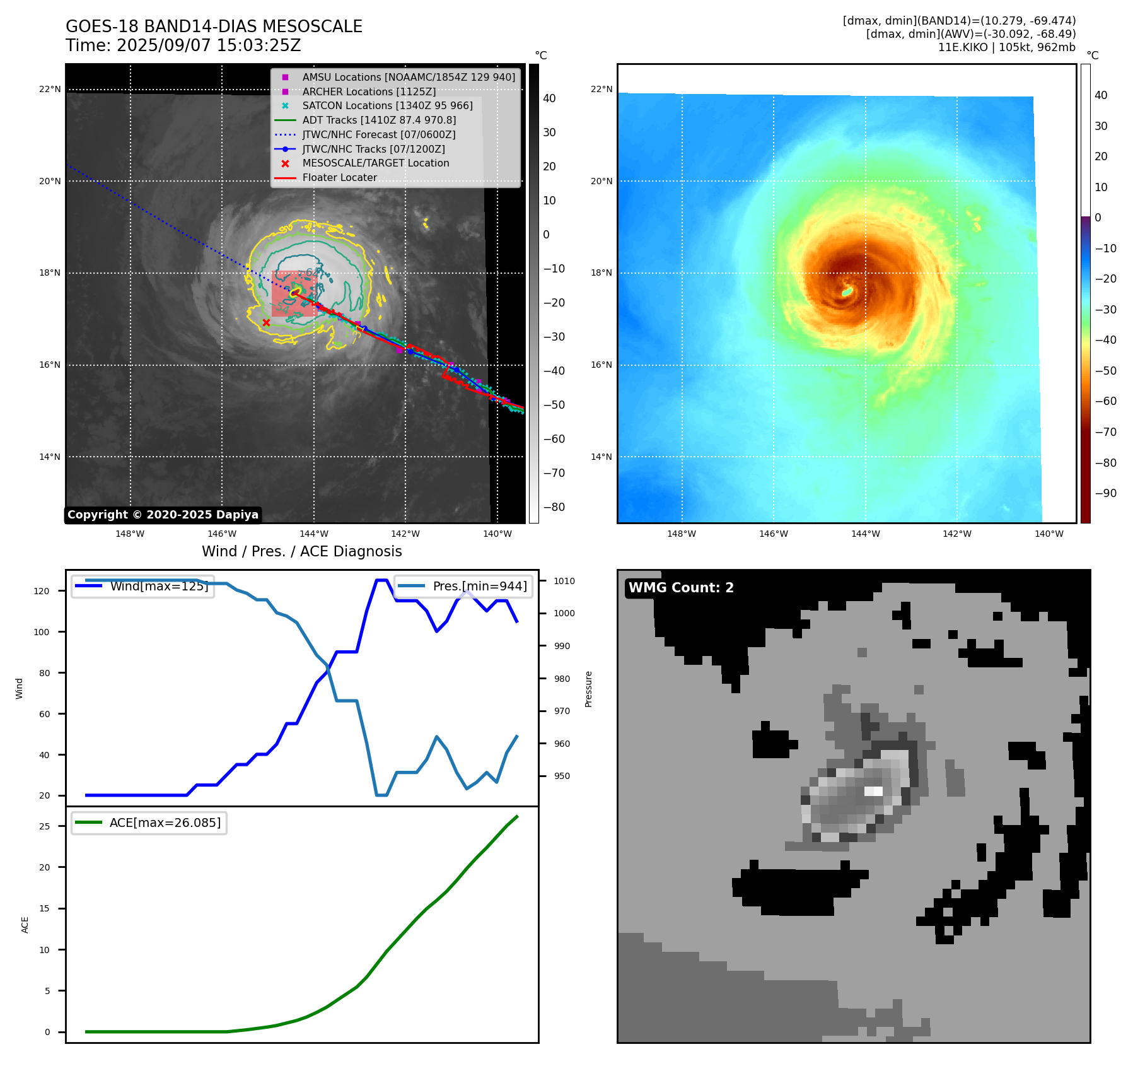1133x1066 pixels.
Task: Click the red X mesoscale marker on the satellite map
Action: click(266, 322)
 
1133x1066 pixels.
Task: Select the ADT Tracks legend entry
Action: click(378, 120)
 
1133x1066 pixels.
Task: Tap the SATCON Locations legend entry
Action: click(386, 105)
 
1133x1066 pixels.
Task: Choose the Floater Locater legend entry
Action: click(339, 177)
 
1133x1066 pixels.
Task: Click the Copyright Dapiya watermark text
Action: click(163, 515)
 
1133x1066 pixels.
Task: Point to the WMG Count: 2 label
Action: click(681, 588)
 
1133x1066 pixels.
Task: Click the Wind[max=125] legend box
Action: click(142, 586)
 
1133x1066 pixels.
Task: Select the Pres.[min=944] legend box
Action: click(463, 586)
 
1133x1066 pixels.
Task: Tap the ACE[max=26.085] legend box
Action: click(149, 823)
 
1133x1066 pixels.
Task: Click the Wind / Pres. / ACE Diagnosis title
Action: click(301, 551)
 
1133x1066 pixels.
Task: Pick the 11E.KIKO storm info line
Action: click(1006, 47)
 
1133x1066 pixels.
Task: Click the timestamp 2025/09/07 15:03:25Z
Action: click(209, 45)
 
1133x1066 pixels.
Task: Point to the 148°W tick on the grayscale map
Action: click(130, 534)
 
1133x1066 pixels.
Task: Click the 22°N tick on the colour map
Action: click(601, 89)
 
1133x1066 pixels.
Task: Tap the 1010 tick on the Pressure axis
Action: click(564, 581)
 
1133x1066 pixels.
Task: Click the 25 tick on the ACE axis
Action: click(44, 826)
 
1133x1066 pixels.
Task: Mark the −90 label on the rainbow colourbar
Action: click(1105, 493)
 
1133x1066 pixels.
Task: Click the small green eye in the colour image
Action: click(847, 291)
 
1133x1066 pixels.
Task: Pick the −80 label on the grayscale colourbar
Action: click(554, 507)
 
